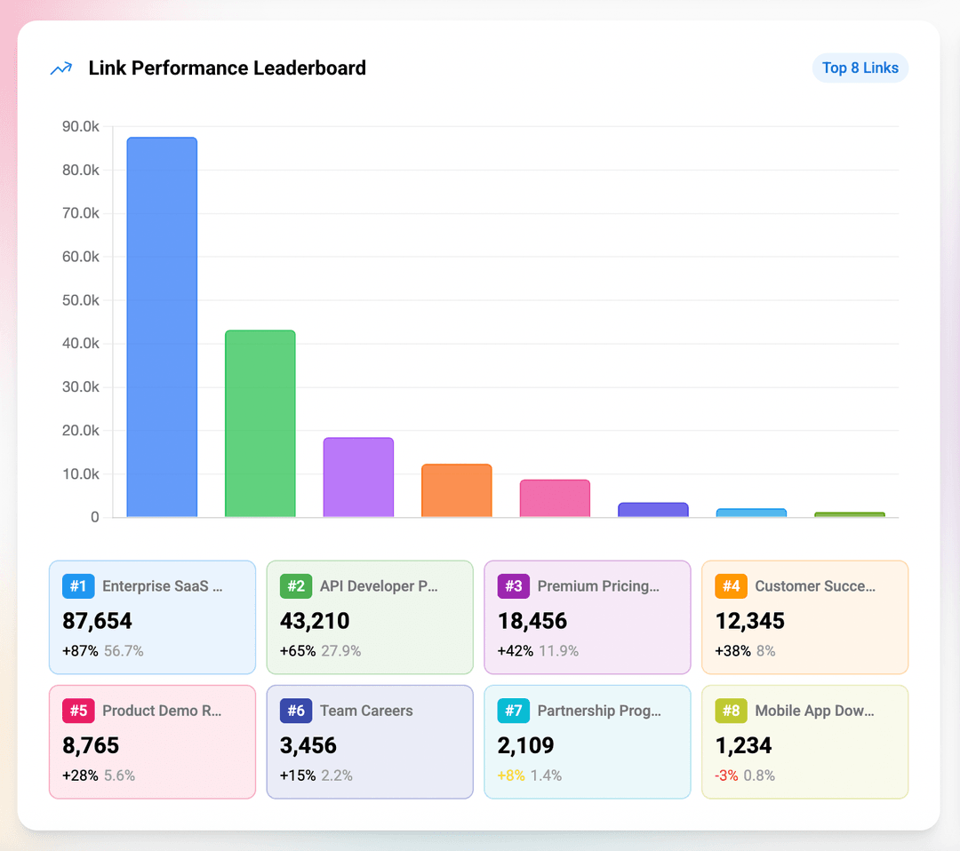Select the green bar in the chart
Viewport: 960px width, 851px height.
coord(260,424)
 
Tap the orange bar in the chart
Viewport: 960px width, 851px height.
coord(456,490)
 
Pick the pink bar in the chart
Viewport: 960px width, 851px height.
coord(555,498)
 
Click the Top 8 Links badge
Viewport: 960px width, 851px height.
coord(860,68)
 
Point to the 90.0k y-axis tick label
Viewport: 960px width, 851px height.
coord(81,127)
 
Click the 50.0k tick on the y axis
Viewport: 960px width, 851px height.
coord(81,300)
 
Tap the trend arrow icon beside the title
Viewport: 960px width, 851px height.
coord(61,68)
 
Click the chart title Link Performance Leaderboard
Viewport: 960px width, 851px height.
coord(227,68)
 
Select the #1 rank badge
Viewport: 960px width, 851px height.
coord(78,586)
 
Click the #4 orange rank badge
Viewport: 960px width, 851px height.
coord(731,586)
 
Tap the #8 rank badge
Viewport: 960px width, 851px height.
coord(731,711)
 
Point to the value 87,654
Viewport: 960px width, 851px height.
coord(97,621)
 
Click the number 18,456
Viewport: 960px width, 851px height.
coord(533,621)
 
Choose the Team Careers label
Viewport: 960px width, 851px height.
coord(366,711)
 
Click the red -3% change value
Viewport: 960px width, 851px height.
coord(726,775)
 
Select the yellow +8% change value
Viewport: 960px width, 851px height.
coord(511,775)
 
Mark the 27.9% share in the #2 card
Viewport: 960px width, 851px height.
coord(340,651)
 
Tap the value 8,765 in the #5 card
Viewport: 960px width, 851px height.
coord(91,745)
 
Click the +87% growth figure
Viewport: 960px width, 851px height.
coord(80,651)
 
